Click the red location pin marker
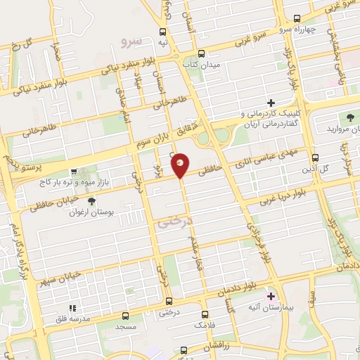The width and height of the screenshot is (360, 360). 181,164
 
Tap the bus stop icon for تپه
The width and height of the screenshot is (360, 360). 163,32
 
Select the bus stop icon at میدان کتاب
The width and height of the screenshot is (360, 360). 202,53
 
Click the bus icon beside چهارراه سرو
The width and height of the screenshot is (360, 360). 297,18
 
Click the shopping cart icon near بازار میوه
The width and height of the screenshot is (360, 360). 75,172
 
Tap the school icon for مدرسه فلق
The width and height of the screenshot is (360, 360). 71,308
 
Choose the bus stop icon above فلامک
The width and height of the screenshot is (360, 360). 205,314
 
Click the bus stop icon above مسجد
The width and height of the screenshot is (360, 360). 126,316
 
